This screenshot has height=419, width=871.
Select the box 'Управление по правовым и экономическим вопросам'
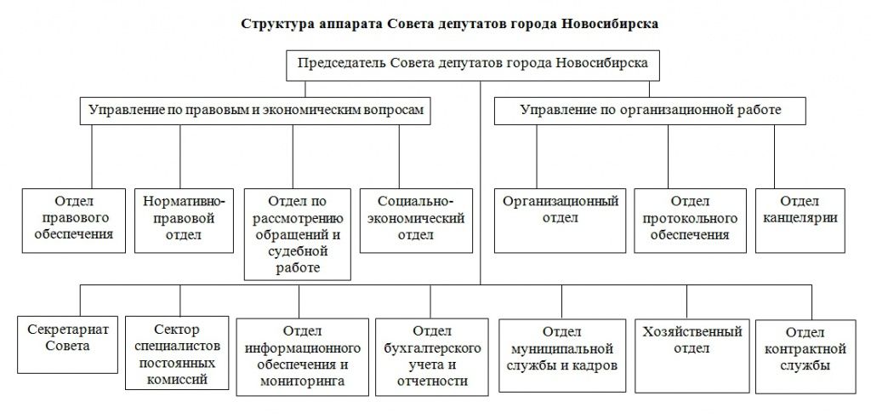tap(254, 111)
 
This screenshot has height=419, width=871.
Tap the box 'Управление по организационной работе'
tap(650, 111)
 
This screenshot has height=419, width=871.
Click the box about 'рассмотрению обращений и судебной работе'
tap(298, 233)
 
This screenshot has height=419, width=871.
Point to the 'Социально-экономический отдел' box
tap(416, 218)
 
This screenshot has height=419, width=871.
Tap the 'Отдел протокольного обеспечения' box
tap(690, 218)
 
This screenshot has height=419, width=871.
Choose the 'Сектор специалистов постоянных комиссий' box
tap(178, 353)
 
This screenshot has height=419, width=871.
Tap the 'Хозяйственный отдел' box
tap(687, 349)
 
